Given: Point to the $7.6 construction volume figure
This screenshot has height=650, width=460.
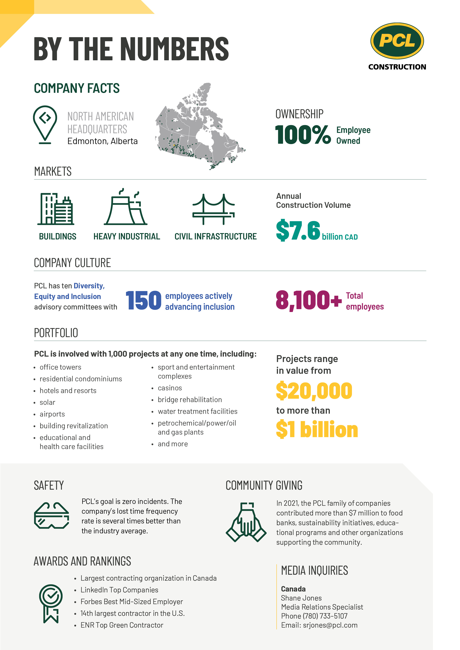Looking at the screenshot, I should coord(298,230).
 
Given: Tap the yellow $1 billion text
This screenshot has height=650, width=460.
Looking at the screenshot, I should coord(317,430).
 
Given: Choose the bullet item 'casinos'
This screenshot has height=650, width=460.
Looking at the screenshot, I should coord(170,388).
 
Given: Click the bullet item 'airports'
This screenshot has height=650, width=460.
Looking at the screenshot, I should coord(52,414).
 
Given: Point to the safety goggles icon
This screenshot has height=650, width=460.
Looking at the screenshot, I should coord(51,515).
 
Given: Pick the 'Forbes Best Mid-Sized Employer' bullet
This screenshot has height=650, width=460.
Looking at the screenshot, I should coord(132,602).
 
